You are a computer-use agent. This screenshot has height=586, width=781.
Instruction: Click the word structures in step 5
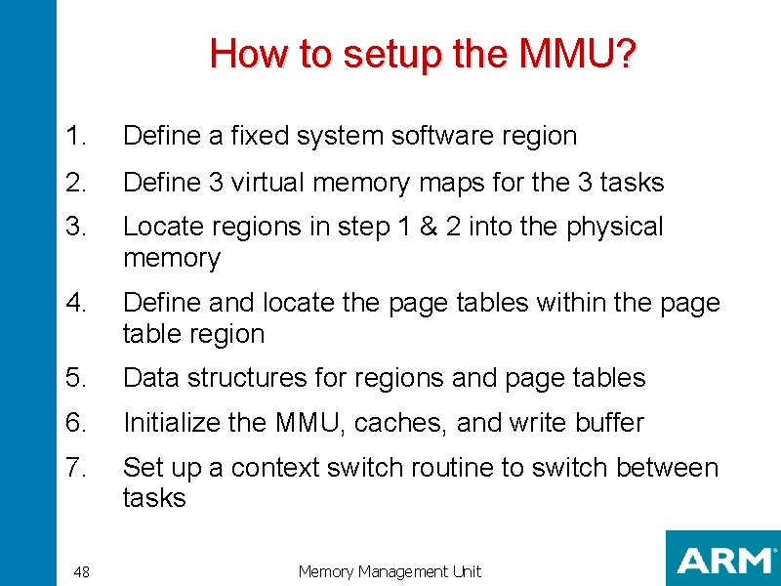[x=255, y=378]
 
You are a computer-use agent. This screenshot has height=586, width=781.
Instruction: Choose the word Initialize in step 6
[x=172, y=423]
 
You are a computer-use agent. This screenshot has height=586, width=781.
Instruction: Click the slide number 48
[x=82, y=572]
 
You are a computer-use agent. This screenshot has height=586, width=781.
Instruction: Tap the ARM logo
[x=723, y=560]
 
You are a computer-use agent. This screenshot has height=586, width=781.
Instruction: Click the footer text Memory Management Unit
[x=390, y=572]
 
